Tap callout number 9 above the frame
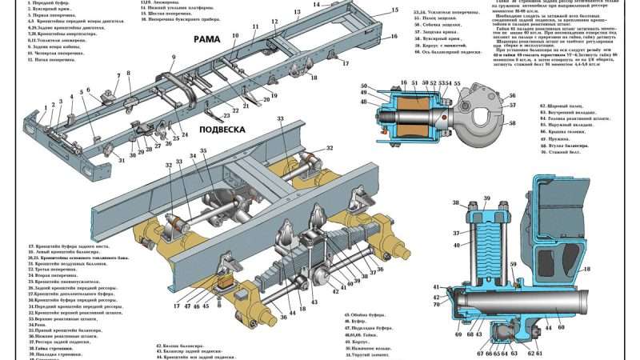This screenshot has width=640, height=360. [x=173, y=58]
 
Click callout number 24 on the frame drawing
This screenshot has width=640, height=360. [x=185, y=136]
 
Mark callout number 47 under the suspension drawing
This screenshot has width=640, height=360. [x=186, y=306]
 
